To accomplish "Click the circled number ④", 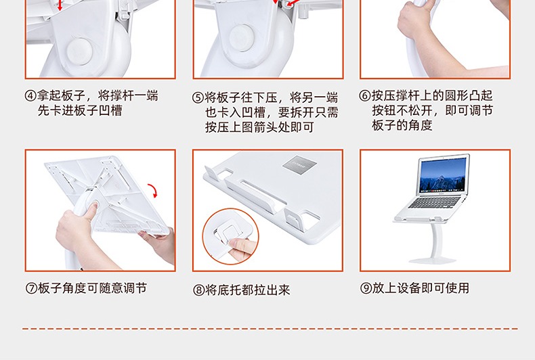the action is (x=30, y=96).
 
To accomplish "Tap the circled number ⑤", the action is (x=198, y=98).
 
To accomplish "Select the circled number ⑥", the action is (x=365, y=96).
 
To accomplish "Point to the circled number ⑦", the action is (x=31, y=288).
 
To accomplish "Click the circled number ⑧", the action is (x=198, y=290).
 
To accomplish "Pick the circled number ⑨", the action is (x=366, y=288).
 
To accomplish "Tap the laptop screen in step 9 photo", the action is (x=444, y=175).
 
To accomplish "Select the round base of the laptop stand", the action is (x=433, y=260).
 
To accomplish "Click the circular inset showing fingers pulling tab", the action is (x=231, y=237).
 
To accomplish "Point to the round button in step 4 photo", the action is (x=79, y=51).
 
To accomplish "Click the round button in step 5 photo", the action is (x=242, y=37).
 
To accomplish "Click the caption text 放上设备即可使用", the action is (x=421, y=288).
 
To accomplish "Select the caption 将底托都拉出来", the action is (x=247, y=290).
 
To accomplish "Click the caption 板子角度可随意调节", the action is (x=93, y=288).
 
